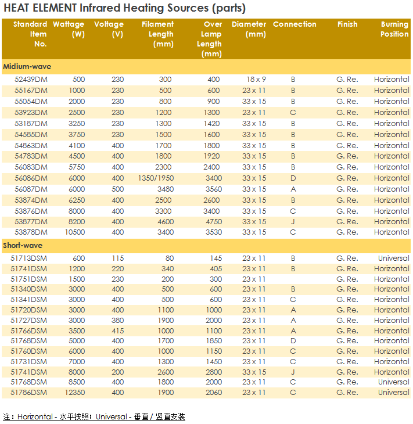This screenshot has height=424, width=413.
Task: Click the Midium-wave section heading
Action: click(x=27, y=67)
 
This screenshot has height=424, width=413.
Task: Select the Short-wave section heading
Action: click(x=23, y=245)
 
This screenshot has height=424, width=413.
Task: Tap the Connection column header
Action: click(x=295, y=24)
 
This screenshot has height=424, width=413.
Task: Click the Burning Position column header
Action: click(x=394, y=29)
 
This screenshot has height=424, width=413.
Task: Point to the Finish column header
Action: click(x=347, y=24)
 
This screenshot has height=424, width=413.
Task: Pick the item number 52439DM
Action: click(x=31, y=80)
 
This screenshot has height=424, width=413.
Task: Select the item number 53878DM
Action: click(x=31, y=232)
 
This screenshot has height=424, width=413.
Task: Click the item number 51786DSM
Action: click(x=30, y=393)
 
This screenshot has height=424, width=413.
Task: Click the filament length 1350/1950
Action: click(x=155, y=178)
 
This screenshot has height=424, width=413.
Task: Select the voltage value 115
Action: click(x=117, y=258)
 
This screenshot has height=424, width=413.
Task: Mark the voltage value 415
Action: click(x=117, y=330)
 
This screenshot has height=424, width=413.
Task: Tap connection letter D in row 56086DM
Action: click(x=293, y=178)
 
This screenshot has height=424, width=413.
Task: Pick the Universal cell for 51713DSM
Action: click(x=393, y=258)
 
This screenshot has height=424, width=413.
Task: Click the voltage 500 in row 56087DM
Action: click(x=117, y=189)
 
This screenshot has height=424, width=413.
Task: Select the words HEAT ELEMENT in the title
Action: click(x=41, y=8)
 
